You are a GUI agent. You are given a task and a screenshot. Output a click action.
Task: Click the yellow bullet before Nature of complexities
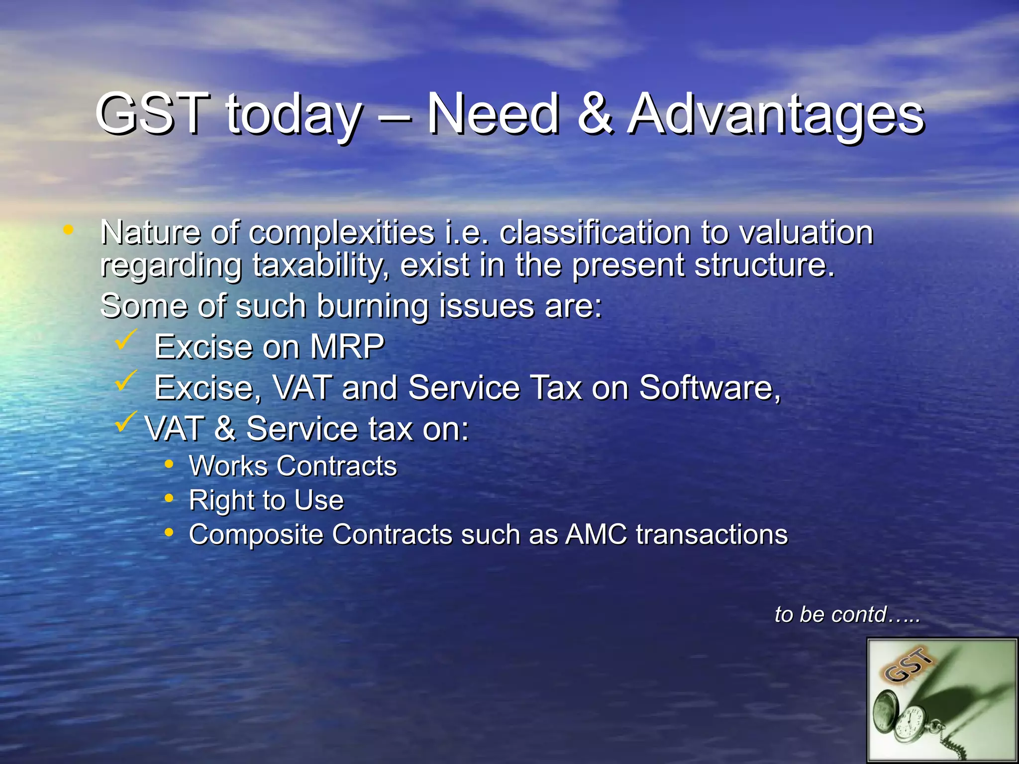(68, 230)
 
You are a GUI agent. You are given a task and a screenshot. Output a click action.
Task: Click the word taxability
(318, 266)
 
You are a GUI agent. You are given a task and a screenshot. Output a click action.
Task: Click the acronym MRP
(347, 347)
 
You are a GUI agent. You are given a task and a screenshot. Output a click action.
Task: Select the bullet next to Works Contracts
(169, 465)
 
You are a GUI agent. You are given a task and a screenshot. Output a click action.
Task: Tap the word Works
(228, 466)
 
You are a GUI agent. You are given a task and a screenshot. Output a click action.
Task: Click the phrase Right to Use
(266, 500)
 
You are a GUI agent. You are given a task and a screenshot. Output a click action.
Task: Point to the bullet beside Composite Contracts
(169, 533)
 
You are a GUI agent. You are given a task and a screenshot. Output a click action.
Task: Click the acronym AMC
(596, 535)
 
